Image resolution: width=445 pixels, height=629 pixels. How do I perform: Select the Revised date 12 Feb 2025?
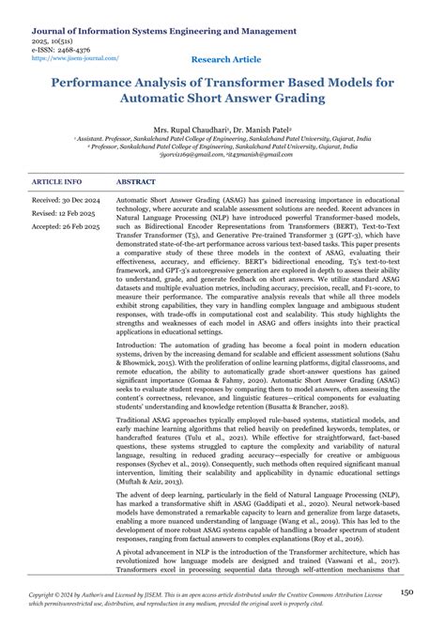tap(69, 213)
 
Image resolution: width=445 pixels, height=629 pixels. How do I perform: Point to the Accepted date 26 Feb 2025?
tap(70, 226)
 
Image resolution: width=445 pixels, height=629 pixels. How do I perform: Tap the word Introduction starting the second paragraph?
tap(141, 346)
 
